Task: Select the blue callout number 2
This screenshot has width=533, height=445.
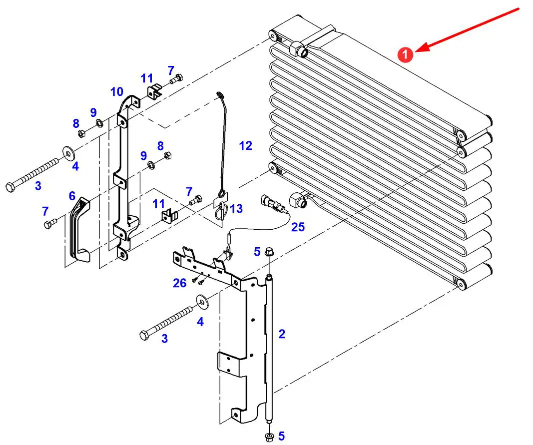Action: point(282,334)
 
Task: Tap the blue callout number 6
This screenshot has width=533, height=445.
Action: point(72,196)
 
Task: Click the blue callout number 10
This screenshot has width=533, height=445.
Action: point(116,91)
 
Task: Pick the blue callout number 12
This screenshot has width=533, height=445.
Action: point(246,146)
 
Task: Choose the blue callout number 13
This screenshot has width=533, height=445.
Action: point(236,208)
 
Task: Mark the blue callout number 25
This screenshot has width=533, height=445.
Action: point(298,227)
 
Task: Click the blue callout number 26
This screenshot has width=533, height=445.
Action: point(179,283)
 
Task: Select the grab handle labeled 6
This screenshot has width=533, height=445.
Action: point(79,230)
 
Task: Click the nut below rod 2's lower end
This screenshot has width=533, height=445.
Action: point(269,437)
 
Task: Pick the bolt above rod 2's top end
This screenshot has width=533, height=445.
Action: point(269,252)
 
